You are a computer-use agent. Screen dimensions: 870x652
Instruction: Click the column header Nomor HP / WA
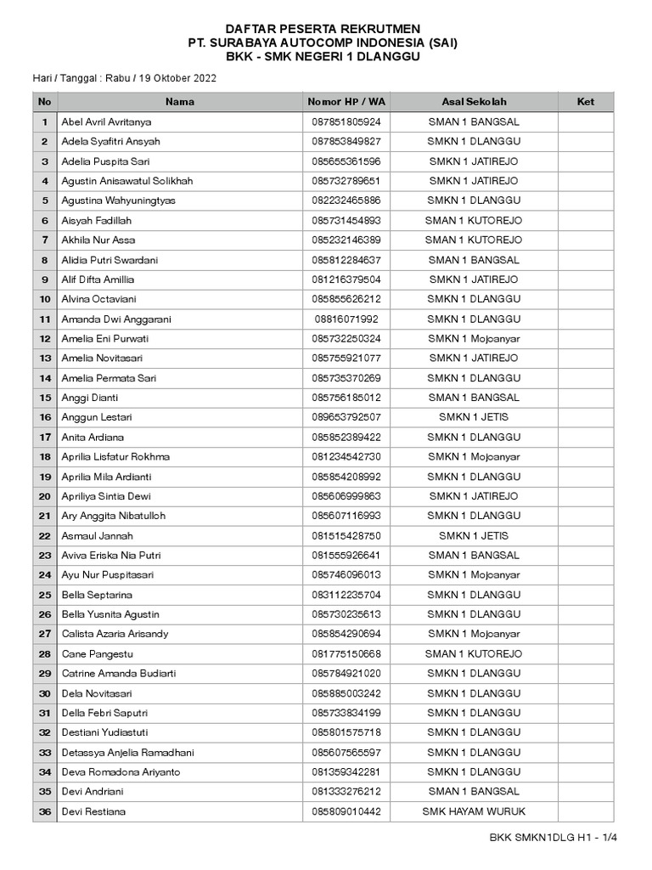coord(346,102)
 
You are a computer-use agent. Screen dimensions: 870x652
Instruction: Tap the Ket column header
coord(585,102)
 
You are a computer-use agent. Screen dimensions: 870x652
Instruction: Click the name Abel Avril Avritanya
coord(107,122)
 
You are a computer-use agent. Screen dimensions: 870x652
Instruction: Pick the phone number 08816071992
coord(346,319)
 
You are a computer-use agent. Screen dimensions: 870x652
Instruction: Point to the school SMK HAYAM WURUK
coord(474,812)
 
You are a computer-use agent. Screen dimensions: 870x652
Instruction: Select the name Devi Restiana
coord(93,812)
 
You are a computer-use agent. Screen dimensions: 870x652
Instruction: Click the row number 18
coord(45,457)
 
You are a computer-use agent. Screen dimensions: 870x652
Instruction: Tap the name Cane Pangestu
coord(97,654)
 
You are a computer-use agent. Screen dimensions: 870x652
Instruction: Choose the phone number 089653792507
coord(346,418)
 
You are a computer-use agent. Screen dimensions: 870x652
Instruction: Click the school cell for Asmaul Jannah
coord(474,536)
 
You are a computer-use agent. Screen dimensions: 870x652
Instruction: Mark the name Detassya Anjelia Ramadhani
coord(127,753)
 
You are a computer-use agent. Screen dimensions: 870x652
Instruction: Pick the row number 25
coord(45,595)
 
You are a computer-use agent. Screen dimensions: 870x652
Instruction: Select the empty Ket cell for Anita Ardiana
coord(585,438)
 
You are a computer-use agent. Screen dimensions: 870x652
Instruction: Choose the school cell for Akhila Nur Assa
coord(474,240)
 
